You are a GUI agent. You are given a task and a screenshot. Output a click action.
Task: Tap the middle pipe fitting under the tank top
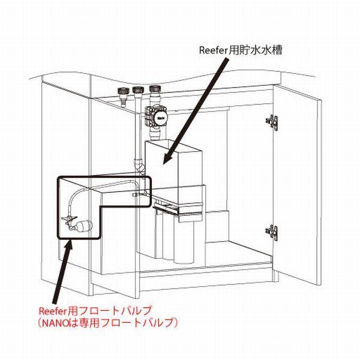point(139,94)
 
